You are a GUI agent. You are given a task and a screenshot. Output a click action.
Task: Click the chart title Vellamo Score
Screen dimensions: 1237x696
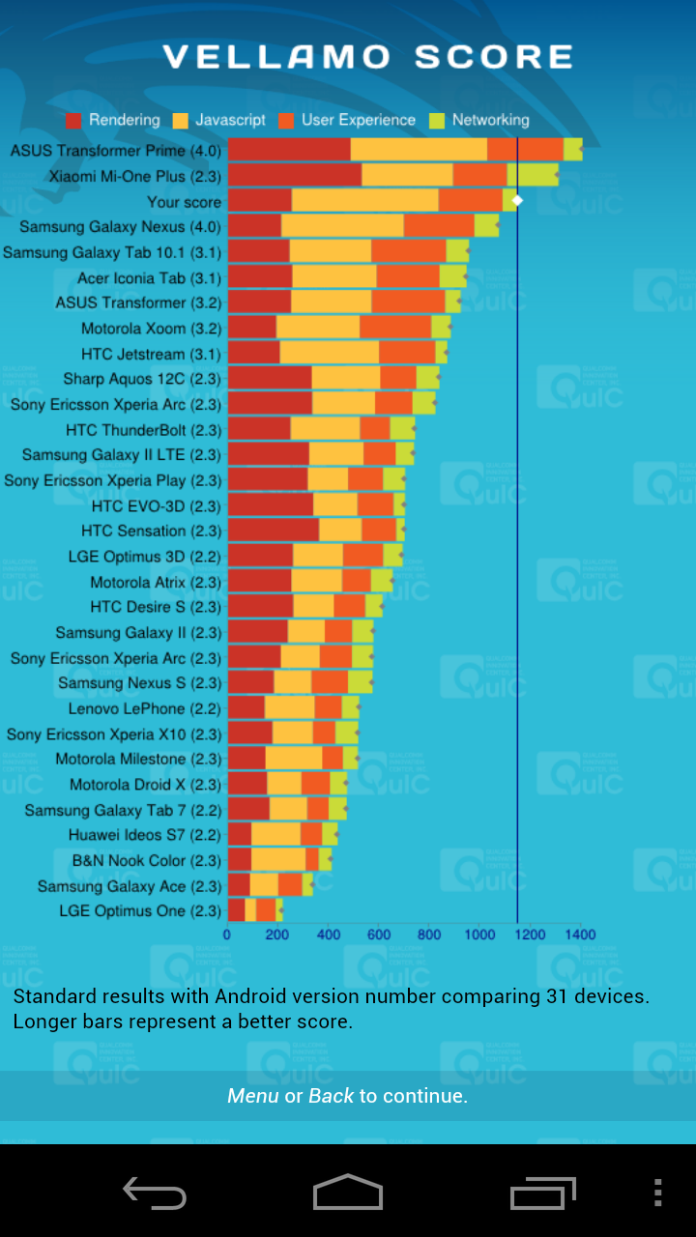(367, 57)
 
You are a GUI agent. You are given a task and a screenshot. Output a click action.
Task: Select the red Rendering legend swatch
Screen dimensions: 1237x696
(73, 121)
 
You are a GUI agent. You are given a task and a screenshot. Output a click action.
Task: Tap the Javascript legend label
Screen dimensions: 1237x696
(230, 120)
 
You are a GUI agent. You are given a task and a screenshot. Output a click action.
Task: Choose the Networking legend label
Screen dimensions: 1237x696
(490, 120)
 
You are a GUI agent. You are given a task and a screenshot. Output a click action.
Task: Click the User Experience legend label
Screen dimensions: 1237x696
(358, 120)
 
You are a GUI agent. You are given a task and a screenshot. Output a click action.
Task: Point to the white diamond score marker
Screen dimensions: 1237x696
(517, 200)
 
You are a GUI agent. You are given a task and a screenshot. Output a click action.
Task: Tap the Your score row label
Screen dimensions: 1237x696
(184, 202)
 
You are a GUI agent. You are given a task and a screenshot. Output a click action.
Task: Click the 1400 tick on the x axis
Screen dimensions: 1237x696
(579, 935)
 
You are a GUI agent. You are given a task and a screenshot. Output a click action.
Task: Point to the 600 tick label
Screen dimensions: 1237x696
(378, 935)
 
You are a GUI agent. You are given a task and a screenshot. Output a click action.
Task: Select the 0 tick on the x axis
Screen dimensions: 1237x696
(227, 935)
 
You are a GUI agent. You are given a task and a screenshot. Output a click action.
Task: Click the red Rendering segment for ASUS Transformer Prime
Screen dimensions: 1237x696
(289, 150)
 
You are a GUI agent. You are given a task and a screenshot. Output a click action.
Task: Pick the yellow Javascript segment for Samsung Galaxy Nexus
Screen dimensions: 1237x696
(342, 226)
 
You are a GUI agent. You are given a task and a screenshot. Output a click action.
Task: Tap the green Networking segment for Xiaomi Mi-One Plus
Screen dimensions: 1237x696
(533, 175)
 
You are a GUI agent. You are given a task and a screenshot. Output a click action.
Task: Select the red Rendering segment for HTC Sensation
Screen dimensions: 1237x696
(274, 530)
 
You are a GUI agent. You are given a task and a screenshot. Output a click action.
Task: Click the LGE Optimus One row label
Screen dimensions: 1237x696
(140, 910)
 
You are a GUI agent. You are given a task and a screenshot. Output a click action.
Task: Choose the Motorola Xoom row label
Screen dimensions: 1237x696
(151, 329)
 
